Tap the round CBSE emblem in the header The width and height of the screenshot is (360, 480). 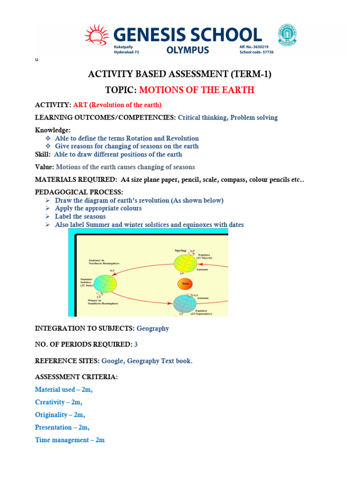(x=287, y=35)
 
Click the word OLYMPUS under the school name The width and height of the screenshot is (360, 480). (x=189, y=50)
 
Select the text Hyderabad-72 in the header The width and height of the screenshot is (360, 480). (x=127, y=52)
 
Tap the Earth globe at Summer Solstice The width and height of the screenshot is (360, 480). (x=105, y=284)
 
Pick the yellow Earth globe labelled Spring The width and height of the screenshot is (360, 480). (x=186, y=263)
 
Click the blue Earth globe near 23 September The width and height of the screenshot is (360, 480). (x=185, y=304)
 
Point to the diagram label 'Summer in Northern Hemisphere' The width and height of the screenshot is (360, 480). (x=104, y=261)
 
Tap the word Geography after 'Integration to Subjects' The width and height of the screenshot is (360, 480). (x=153, y=329)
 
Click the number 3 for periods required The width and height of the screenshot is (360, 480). (x=136, y=345)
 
